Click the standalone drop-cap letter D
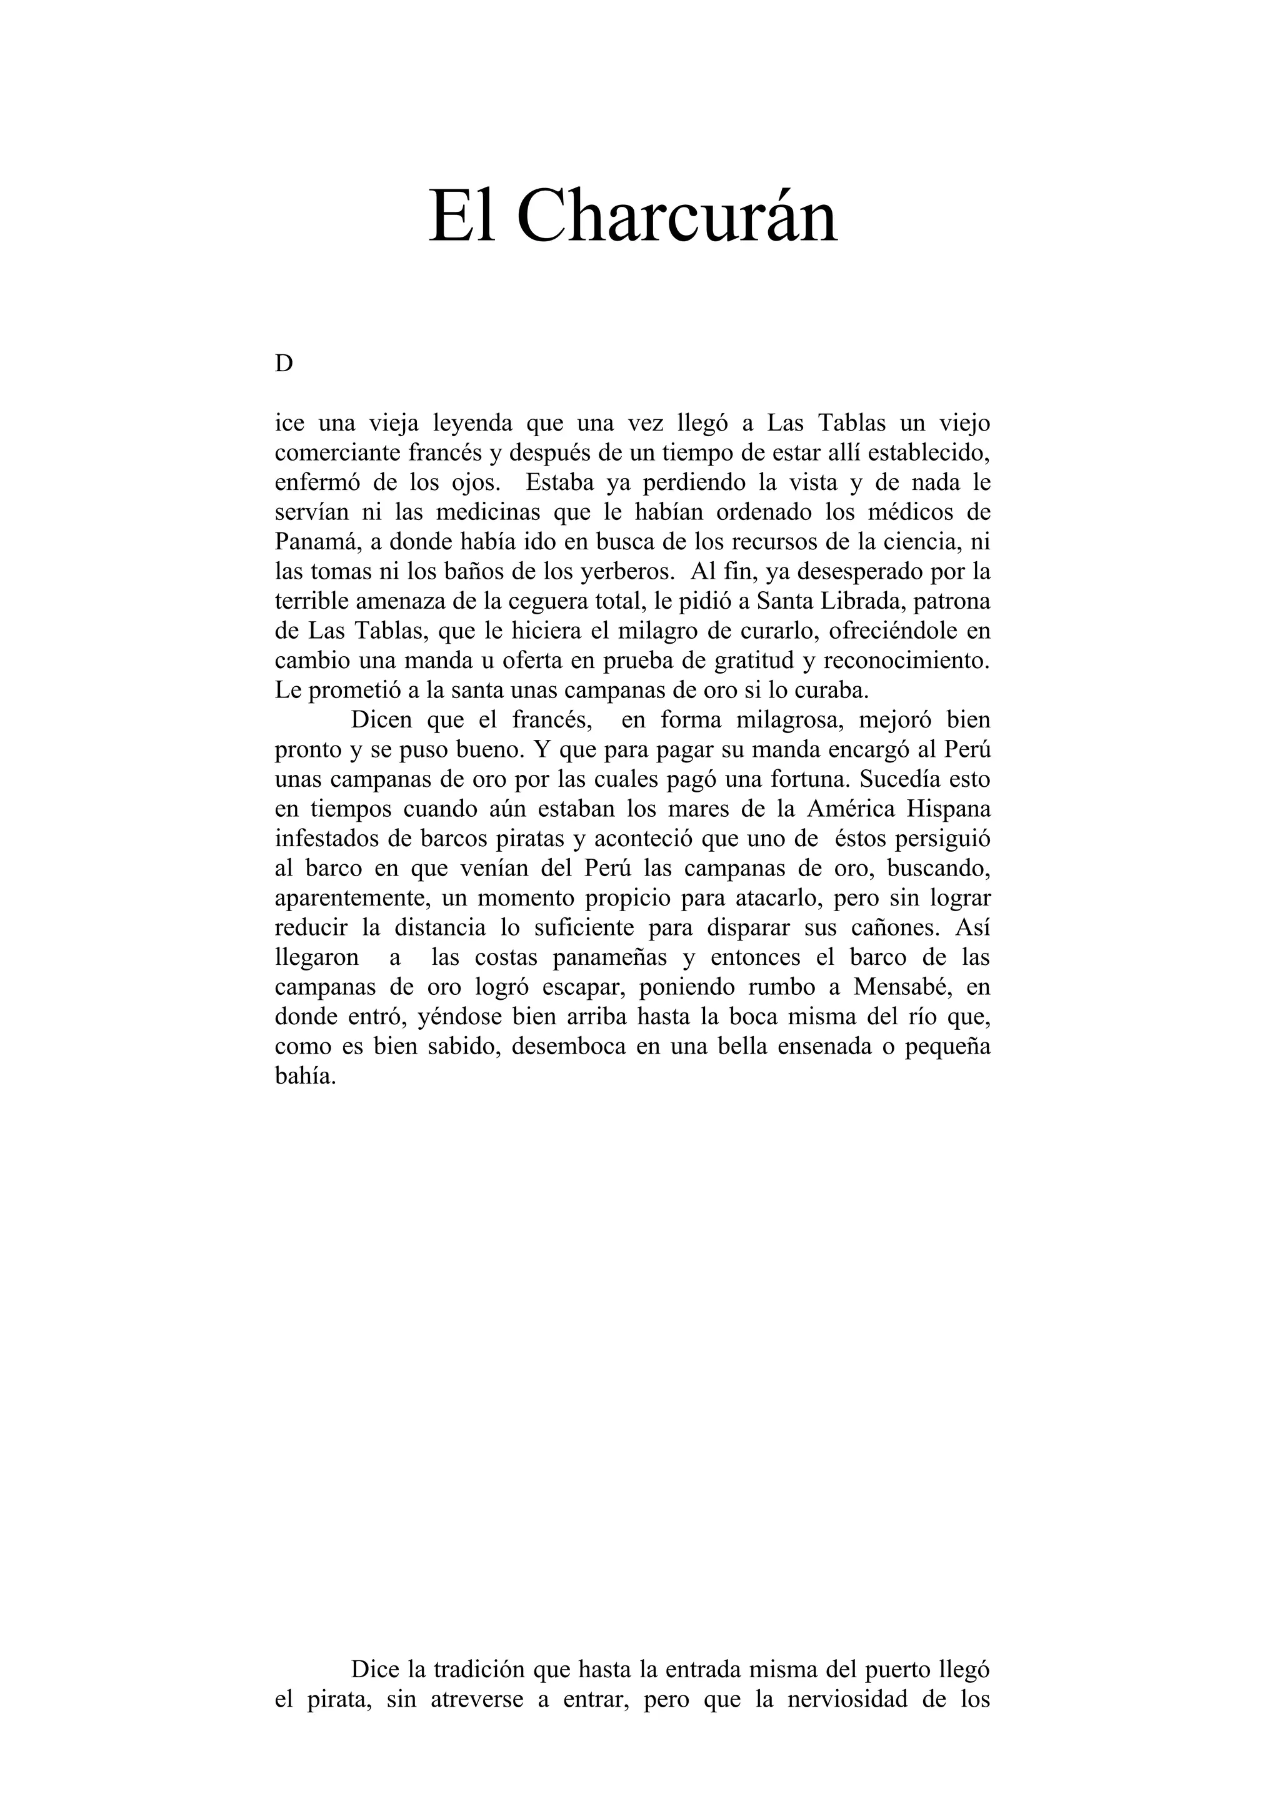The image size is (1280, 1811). tap(284, 364)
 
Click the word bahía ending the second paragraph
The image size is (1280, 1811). tap(305, 1077)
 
